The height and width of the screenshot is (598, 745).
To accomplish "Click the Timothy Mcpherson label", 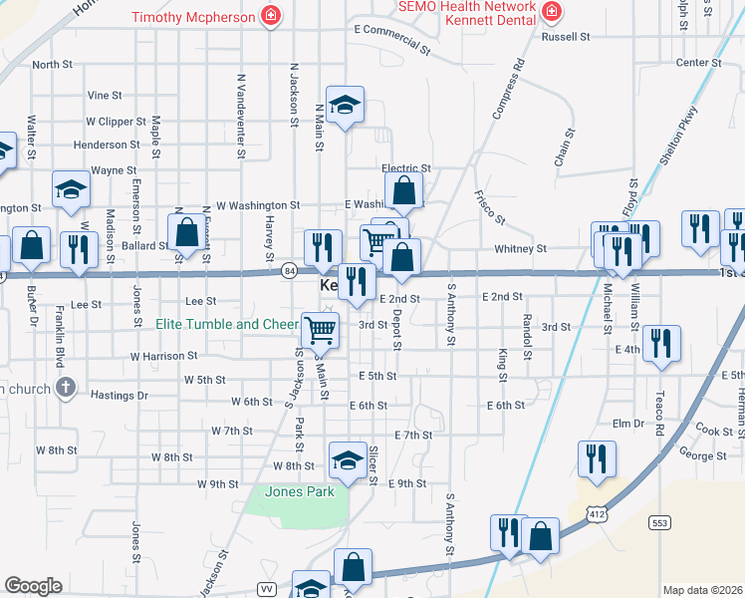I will coord(193,16).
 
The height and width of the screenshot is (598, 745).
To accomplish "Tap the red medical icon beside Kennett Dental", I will coord(551,12).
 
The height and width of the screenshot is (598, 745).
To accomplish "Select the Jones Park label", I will coord(298,491).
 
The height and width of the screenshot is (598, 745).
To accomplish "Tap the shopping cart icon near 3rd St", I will coord(320,328).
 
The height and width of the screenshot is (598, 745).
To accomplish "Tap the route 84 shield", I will coord(289,270).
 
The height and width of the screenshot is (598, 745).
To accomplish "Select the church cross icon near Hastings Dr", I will coord(66,388).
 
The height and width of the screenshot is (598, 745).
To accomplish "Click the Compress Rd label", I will coord(507,90).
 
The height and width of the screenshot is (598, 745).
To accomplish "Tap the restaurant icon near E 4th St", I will coord(661,345).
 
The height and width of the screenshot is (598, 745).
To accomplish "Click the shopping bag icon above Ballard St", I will coord(186,231).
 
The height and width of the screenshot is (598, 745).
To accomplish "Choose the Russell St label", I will coord(566,37).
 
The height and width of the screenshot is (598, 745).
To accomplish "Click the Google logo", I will coord(33,586).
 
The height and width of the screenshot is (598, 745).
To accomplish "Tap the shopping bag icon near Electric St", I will coord(404,190).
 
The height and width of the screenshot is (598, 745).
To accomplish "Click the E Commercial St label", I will coord(392,41).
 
